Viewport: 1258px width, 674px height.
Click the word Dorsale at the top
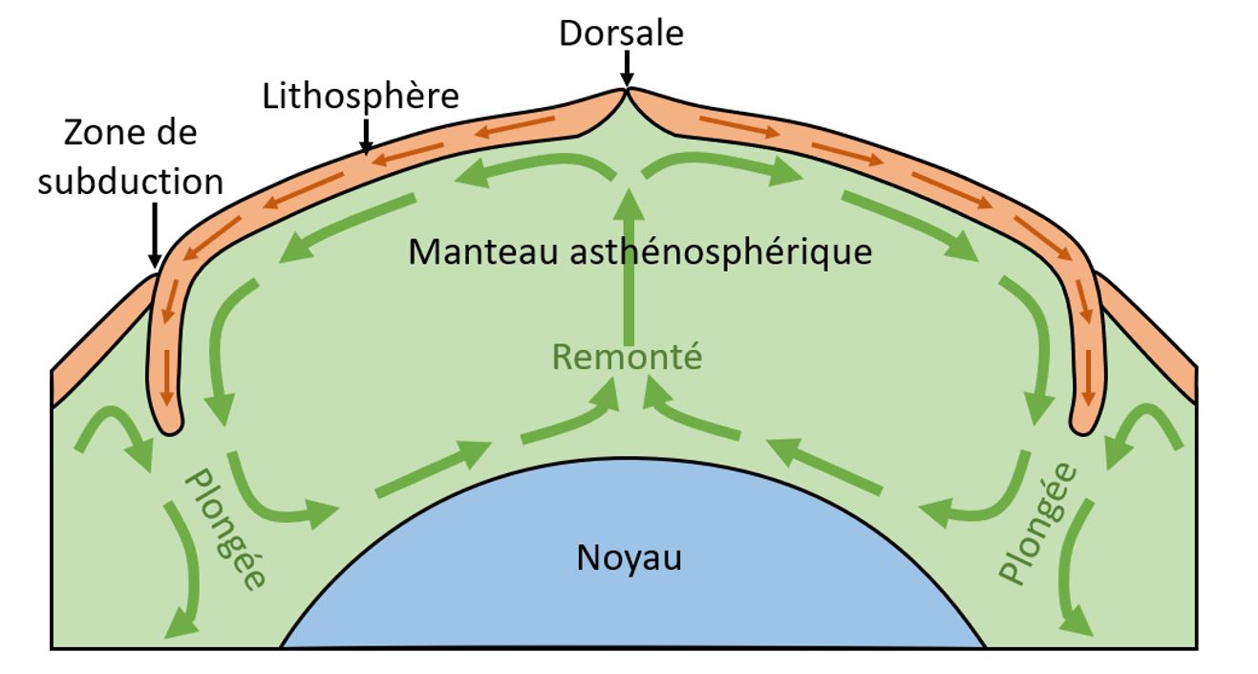click(x=621, y=33)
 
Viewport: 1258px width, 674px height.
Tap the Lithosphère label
click(x=360, y=97)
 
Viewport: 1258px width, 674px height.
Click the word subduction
click(x=130, y=182)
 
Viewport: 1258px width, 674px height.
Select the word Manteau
click(x=483, y=251)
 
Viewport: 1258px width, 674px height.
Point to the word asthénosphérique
click(x=721, y=253)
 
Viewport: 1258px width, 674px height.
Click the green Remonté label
click(x=627, y=357)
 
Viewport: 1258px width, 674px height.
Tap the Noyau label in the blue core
click(x=629, y=557)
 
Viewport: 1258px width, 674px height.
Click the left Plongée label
click(x=225, y=529)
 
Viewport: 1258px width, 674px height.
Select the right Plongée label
click(x=1037, y=523)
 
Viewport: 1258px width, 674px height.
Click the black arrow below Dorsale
click(x=627, y=68)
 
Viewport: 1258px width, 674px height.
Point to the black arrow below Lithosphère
click(x=366, y=135)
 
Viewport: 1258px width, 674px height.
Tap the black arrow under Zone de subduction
click(x=155, y=235)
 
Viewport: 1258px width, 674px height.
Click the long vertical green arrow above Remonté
click(x=629, y=267)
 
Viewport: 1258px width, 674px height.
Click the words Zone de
click(x=130, y=133)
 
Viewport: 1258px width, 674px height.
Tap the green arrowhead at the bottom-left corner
click(x=181, y=624)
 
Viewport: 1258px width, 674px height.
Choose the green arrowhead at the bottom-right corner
click(x=1077, y=621)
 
